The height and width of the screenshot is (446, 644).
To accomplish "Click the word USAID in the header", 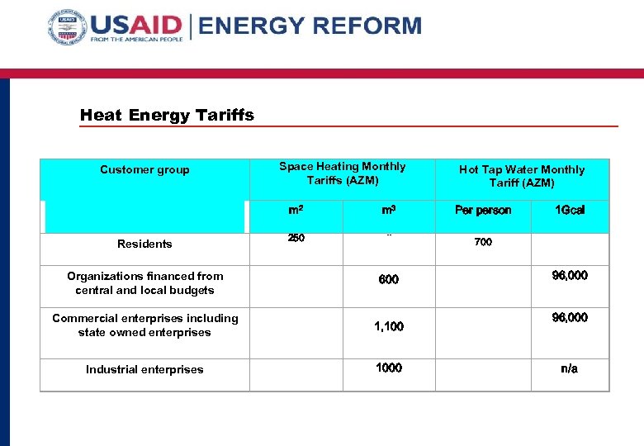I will coord(137,25).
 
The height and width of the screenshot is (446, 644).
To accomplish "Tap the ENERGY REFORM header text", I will coord(310,26).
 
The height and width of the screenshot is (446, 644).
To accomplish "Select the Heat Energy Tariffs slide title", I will coord(167,115).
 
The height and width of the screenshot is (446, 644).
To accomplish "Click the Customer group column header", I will coord(144,169).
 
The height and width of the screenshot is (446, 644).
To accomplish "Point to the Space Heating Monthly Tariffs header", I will coord(342,173).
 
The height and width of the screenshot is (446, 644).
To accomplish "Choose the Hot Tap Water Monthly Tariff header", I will coord(521,175).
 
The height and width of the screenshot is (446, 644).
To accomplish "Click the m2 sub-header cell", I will coord(296,210).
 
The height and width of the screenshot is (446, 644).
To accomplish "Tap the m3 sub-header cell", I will coord(389,210).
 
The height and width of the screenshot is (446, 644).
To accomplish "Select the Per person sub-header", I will coord(483,210).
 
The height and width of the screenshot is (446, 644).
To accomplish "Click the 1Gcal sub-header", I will coord(570,210).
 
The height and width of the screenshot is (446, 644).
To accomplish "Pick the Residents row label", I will coord(144,244).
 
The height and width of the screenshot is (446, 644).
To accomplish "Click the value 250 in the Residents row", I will coord(296,238).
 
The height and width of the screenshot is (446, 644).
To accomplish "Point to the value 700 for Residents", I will coord(484,244).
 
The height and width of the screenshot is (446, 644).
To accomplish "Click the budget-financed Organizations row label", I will coord(144,283).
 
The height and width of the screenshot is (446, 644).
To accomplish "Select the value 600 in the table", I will coord(389,279).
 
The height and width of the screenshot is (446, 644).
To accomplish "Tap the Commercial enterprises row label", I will coord(144,325).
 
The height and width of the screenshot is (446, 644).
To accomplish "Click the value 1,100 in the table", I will coord(389,326).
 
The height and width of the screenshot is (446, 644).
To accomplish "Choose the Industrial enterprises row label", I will coord(144,369).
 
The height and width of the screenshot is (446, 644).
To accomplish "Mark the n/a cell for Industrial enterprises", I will coord(570,368).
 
